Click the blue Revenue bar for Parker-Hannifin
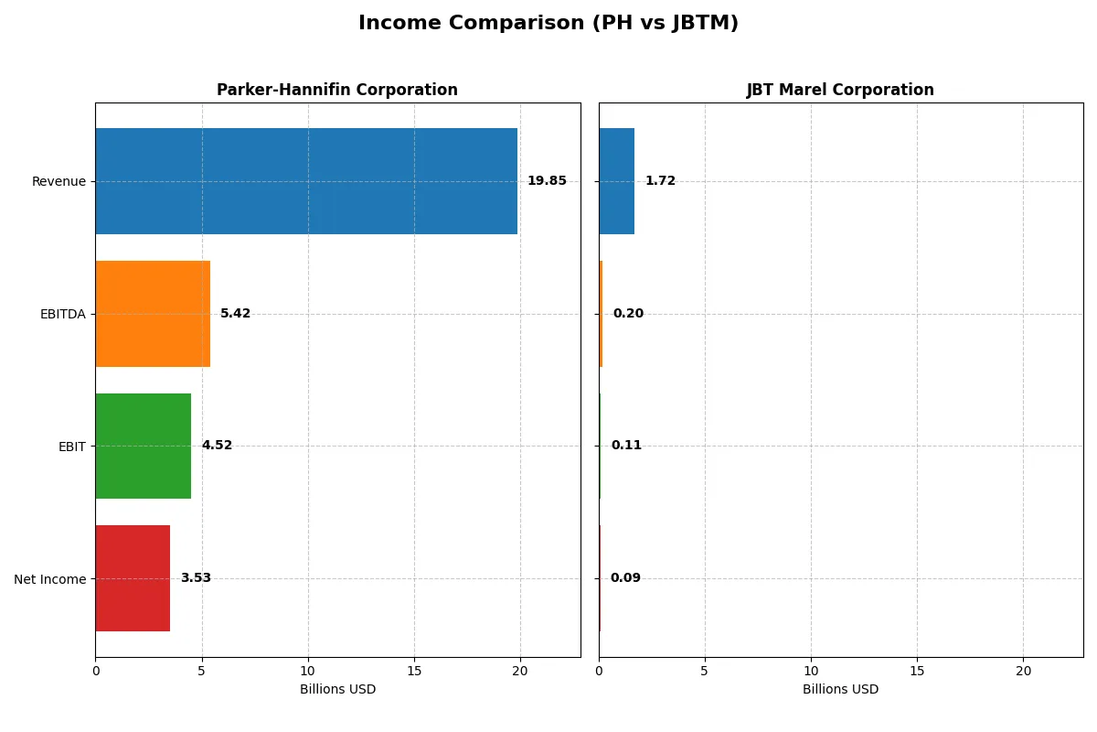pyautogui.click(x=306, y=181)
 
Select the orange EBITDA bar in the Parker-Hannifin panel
pyautogui.click(x=153, y=314)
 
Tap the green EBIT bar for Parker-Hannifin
pyautogui.click(x=143, y=447)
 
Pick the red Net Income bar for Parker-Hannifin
pyautogui.click(x=133, y=578)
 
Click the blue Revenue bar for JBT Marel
pyautogui.click(x=616, y=181)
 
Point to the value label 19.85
pyautogui.click(x=547, y=181)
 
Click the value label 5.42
pyautogui.click(x=235, y=314)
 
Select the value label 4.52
pyautogui.click(x=217, y=446)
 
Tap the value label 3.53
pyautogui.click(x=196, y=578)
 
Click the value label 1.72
pyautogui.click(x=660, y=181)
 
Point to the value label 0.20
pyautogui.click(x=628, y=314)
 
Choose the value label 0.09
pyautogui.click(x=625, y=578)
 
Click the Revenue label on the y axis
pyautogui.click(x=59, y=181)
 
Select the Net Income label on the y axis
pyautogui.click(x=50, y=579)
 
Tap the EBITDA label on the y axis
pyautogui.click(x=63, y=314)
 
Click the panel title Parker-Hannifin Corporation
pyautogui.click(x=337, y=90)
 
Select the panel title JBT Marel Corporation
pyautogui.click(x=840, y=90)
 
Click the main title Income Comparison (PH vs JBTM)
pyautogui.click(x=548, y=24)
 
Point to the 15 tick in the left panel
pyautogui.click(x=414, y=671)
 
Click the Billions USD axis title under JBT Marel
pyautogui.click(x=840, y=690)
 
